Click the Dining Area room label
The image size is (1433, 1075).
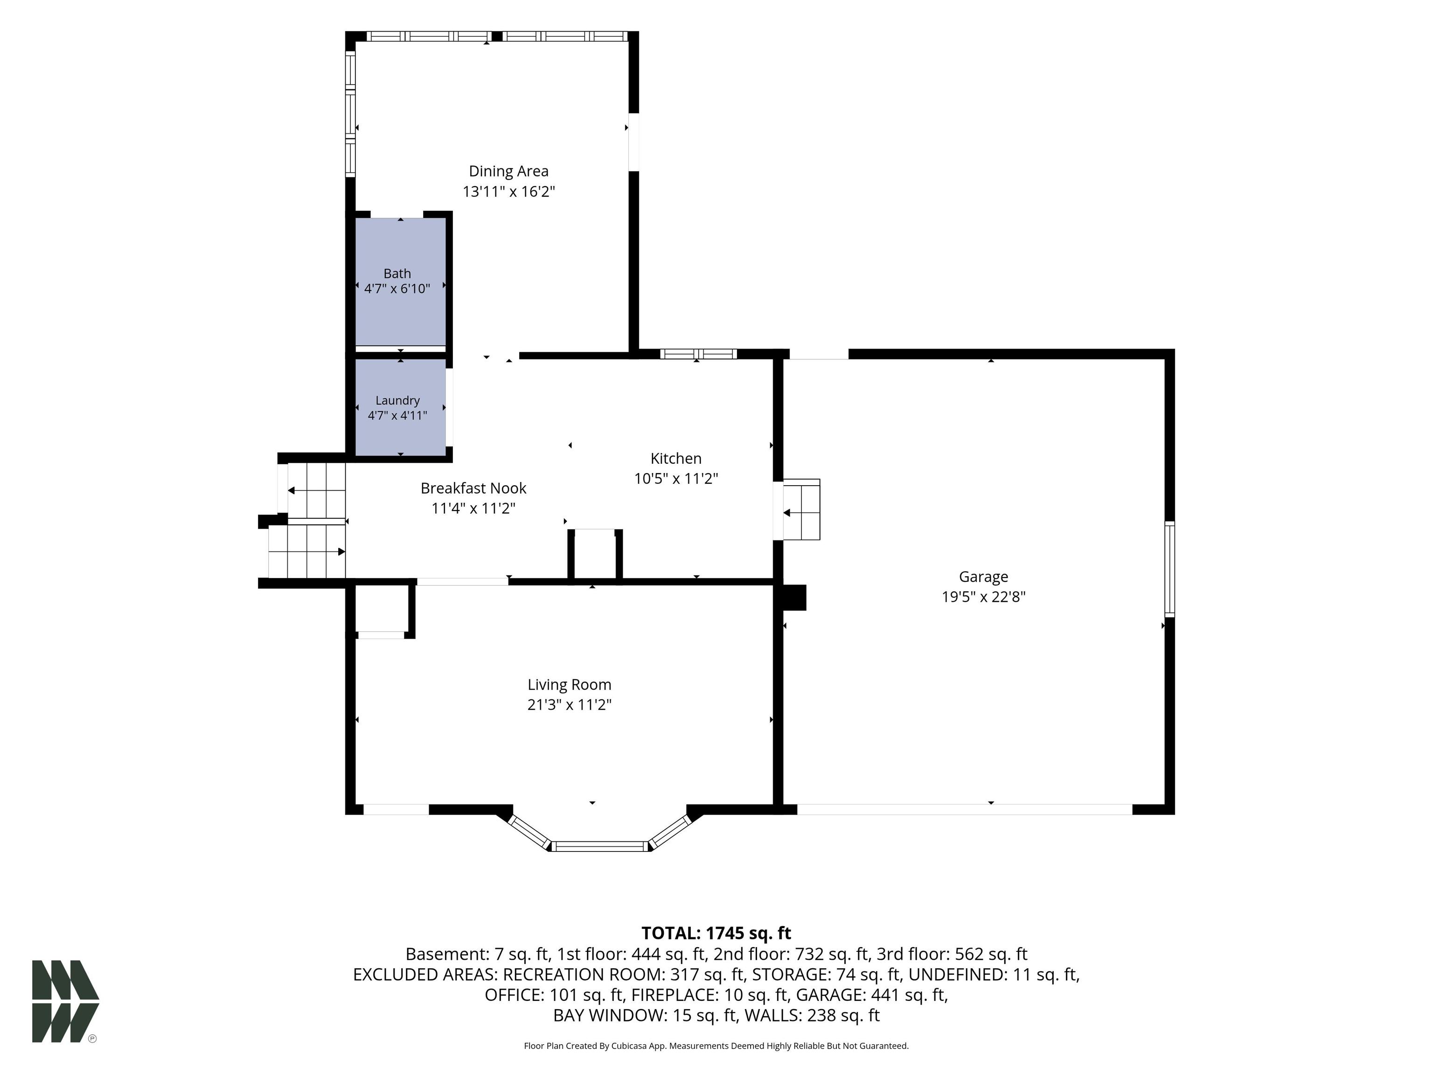[508, 171]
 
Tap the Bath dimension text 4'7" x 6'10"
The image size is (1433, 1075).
[397, 289]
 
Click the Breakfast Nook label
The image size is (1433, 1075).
[473, 488]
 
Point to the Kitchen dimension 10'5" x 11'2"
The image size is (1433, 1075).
[676, 479]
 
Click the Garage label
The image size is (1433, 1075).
[983, 577]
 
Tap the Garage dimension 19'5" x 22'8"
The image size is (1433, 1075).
[983, 597]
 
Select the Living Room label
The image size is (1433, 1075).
[570, 685]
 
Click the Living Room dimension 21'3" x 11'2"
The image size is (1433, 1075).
[570, 705]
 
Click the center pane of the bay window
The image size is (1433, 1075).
[600, 846]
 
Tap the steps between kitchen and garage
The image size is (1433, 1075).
[802, 510]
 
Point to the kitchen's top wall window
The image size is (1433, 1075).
[698, 354]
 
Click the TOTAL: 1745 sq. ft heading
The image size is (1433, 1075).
[716, 933]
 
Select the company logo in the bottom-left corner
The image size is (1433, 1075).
[65, 1001]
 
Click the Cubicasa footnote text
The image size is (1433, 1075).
[716, 1046]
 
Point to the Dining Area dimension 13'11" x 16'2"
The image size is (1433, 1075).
[508, 192]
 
